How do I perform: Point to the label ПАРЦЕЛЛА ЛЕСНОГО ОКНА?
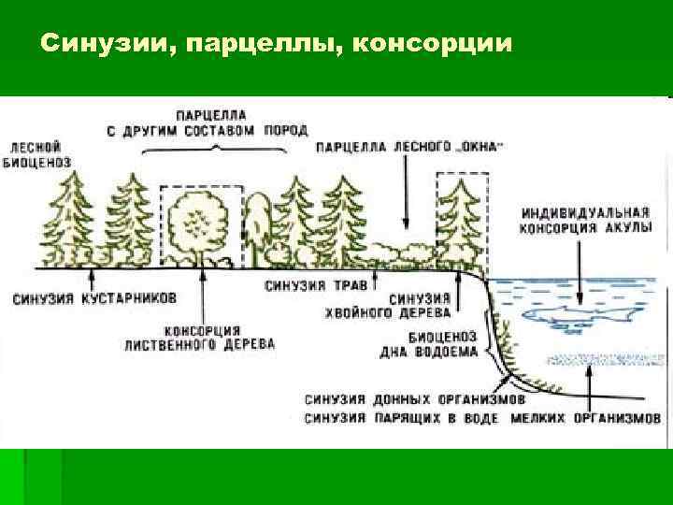411,147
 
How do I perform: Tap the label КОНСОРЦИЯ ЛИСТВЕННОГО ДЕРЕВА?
200,338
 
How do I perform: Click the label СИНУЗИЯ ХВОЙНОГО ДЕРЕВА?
422,305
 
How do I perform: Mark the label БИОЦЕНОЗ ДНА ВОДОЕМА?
443,344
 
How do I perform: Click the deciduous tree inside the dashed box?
199,224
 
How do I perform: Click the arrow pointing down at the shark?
580,267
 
